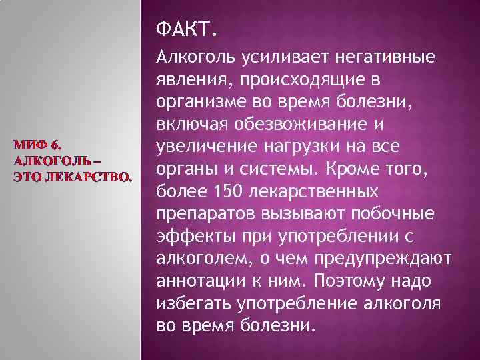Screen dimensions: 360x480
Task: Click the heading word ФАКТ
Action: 185,30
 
